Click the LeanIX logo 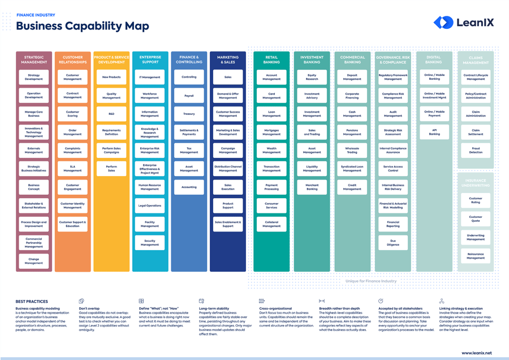[x=463, y=22]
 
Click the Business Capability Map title [x=83, y=26]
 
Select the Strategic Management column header [x=33, y=59]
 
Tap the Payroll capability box [x=189, y=96]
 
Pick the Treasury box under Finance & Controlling [x=189, y=114]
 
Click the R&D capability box [x=111, y=114]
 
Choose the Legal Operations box [x=150, y=205]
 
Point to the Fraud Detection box [x=476, y=150]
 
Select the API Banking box [x=434, y=132]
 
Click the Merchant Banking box [x=312, y=187]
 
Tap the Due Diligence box [x=393, y=242]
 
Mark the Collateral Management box [x=271, y=224]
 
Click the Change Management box [x=33, y=260]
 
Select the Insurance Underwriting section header [x=476, y=183]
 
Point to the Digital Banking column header [x=434, y=59]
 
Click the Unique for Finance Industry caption [x=371, y=281]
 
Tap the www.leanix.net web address [x=476, y=353]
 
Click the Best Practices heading [x=32, y=302]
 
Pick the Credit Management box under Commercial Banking [x=352, y=187]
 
